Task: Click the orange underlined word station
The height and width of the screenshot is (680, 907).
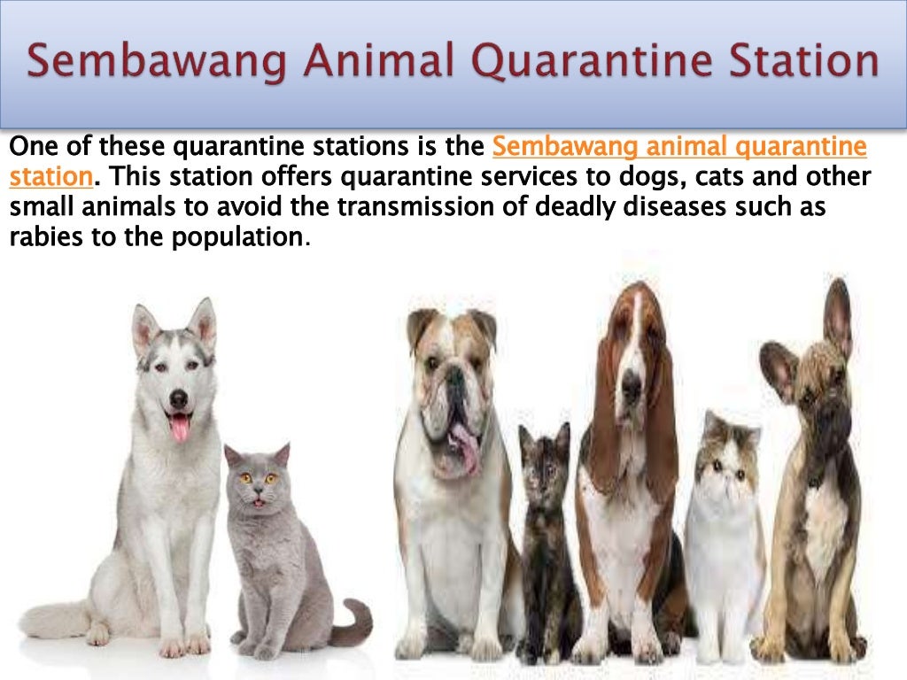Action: [50, 177]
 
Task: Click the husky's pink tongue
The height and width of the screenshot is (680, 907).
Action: [179, 429]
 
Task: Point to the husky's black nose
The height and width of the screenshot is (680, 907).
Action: [178, 400]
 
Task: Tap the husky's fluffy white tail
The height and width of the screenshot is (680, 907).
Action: [53, 620]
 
